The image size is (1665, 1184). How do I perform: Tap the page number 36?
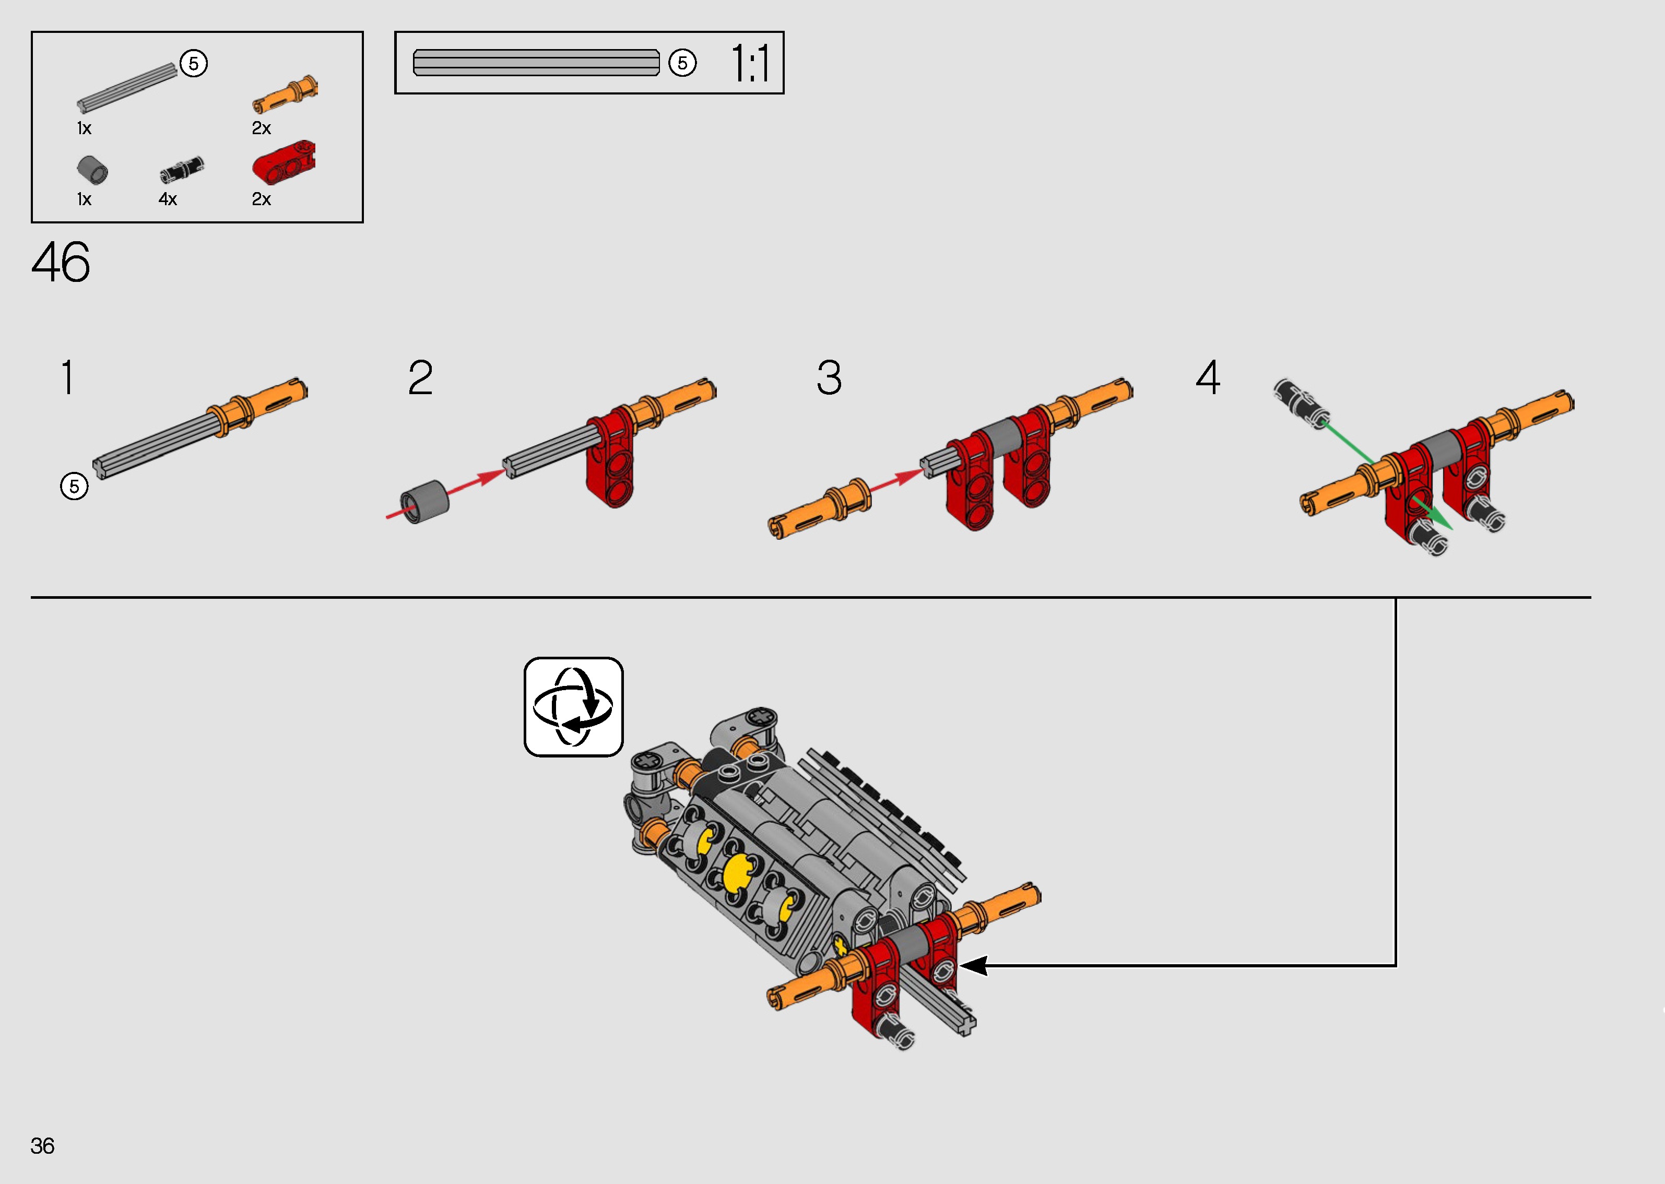point(42,1145)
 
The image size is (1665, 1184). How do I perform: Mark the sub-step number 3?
point(829,377)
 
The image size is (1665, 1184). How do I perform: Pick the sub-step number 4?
point(1208,377)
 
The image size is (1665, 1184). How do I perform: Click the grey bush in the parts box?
point(92,170)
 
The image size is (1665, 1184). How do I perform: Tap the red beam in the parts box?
point(284,162)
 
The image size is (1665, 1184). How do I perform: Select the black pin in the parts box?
point(182,170)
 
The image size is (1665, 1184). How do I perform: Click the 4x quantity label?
point(168,199)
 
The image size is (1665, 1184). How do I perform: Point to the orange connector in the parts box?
point(285,94)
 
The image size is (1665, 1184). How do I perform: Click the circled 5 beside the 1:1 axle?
point(682,63)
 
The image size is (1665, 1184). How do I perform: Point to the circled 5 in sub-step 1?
point(74,487)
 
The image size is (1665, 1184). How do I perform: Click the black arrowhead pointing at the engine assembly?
point(973,966)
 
